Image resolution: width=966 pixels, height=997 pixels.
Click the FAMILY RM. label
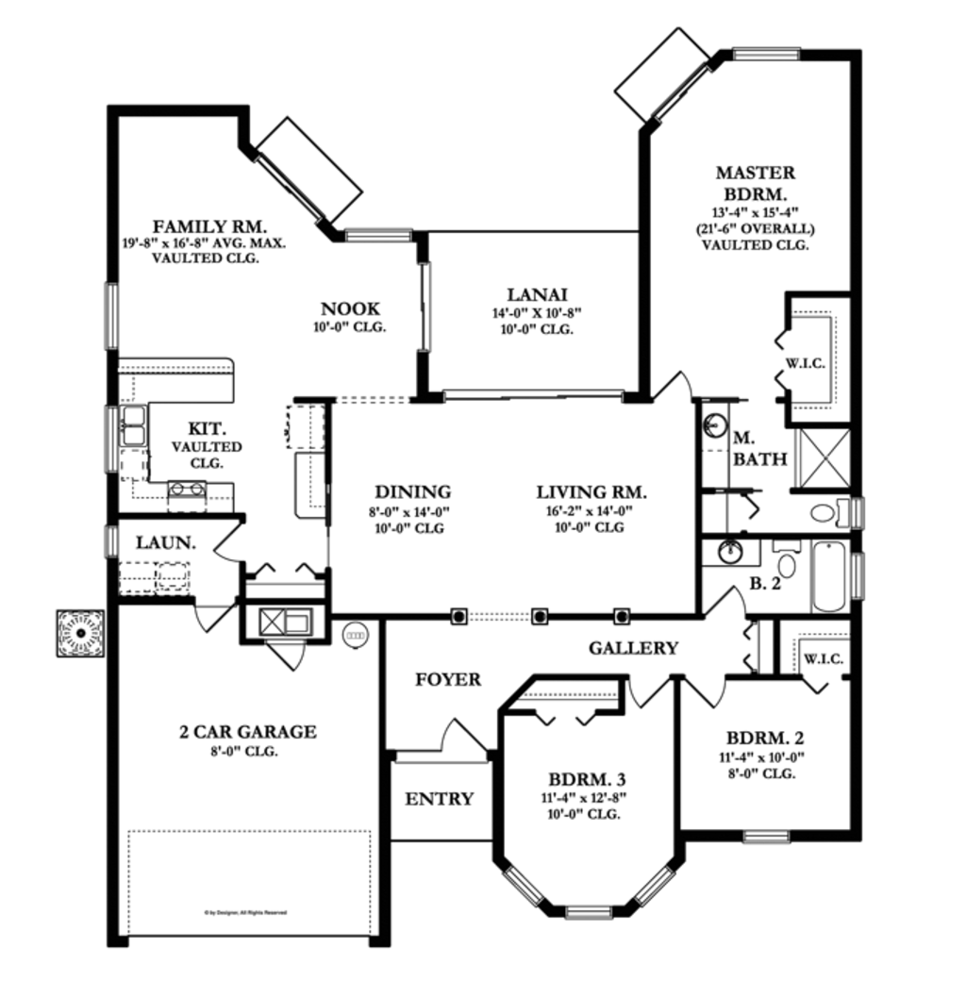[x=209, y=226]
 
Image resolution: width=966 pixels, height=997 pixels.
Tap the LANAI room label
[x=536, y=294]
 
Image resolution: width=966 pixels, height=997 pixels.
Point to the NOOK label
[x=350, y=308]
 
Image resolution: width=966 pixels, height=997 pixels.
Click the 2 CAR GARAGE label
[x=247, y=731]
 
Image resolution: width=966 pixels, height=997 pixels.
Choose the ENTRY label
[x=439, y=799]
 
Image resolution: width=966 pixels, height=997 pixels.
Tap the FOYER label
[x=448, y=679]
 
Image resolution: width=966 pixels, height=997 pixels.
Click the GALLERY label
[x=633, y=648]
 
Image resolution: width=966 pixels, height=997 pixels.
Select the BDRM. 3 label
[x=588, y=780]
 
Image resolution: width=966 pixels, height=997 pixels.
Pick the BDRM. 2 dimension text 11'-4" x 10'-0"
[x=764, y=756]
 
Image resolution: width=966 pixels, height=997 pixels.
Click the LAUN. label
[x=166, y=543]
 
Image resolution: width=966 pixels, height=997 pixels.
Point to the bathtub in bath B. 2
[x=830, y=576]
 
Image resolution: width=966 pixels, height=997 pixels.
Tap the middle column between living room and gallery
[x=540, y=616]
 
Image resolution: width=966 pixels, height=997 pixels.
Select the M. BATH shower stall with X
[x=823, y=459]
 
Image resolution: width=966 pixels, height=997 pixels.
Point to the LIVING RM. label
[x=591, y=492]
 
